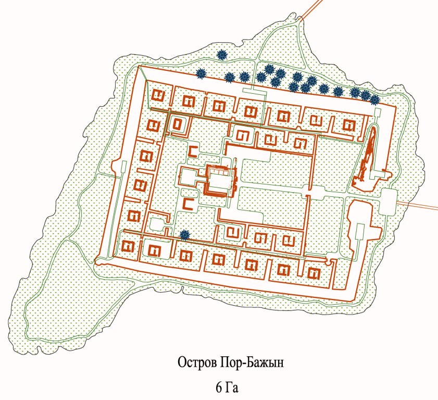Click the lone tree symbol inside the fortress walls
click(183, 235)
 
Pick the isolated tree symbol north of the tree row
click(222, 54)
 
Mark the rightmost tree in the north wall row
click(374, 99)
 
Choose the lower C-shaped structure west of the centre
click(188, 204)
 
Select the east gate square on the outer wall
click(388, 201)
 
